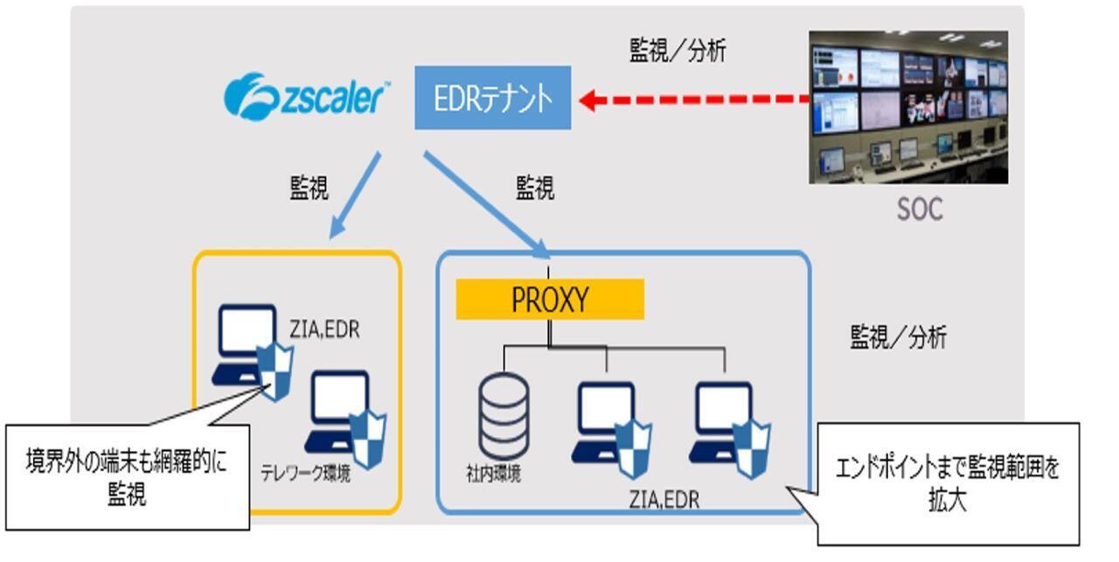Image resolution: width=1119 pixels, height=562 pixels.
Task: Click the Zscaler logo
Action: (306, 97)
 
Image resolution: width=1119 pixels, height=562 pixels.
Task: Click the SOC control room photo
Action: (907, 107)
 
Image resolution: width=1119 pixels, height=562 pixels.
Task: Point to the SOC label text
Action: (920, 211)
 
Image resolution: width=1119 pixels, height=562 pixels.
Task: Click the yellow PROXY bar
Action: (550, 300)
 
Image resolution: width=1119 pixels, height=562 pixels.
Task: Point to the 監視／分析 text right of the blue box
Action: (898, 337)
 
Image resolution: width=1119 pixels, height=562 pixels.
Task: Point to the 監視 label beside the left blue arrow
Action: (309, 188)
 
